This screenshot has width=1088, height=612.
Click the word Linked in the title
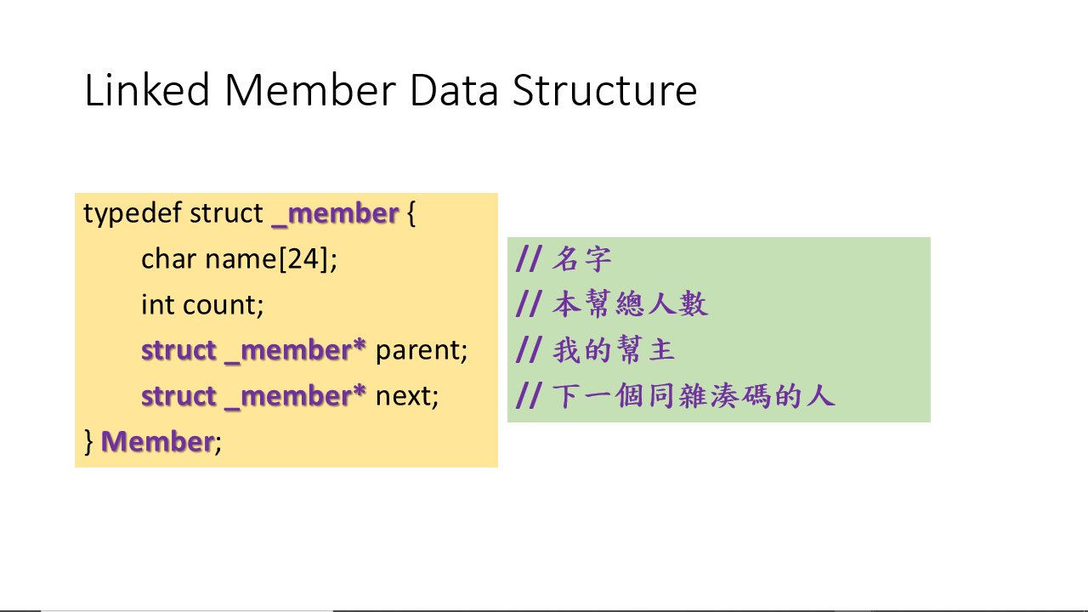point(147,89)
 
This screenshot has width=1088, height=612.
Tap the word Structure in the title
point(604,90)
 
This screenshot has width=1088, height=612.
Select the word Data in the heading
point(454,90)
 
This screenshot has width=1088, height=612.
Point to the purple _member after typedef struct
point(336,213)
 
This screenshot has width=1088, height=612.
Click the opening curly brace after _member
point(411,213)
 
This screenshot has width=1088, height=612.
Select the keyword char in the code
point(168,258)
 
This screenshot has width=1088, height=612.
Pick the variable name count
point(222,305)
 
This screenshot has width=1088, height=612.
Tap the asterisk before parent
point(360,345)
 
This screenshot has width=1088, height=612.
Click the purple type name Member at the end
point(157,441)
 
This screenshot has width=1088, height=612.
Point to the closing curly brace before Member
point(88,441)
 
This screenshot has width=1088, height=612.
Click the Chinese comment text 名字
point(582,259)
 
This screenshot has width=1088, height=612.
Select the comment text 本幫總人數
point(630,304)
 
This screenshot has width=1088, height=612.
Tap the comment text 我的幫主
point(614,349)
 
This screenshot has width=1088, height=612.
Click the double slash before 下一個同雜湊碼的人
point(528,395)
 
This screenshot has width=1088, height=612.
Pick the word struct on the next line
point(178,396)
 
